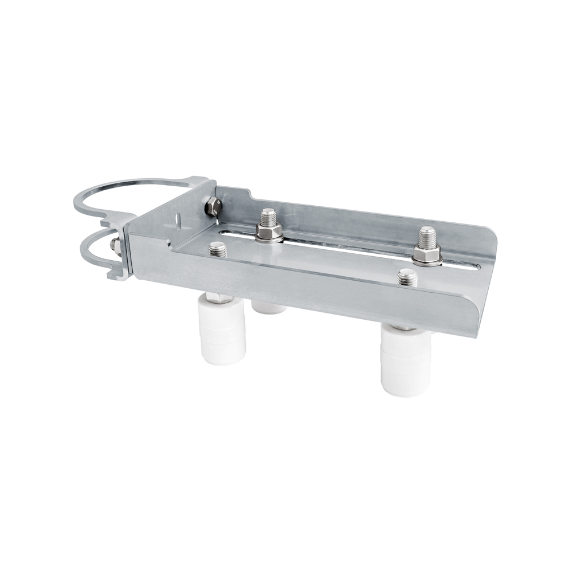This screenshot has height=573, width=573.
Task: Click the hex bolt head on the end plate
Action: click(x=211, y=205)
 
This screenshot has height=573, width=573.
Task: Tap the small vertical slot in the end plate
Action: click(x=178, y=219)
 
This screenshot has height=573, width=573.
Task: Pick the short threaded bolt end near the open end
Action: click(x=407, y=278)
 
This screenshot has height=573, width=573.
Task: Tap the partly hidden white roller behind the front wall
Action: click(x=269, y=308)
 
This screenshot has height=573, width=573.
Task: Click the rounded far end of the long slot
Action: click(x=474, y=266)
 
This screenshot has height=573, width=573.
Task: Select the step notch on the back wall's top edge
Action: click(x=249, y=192)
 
